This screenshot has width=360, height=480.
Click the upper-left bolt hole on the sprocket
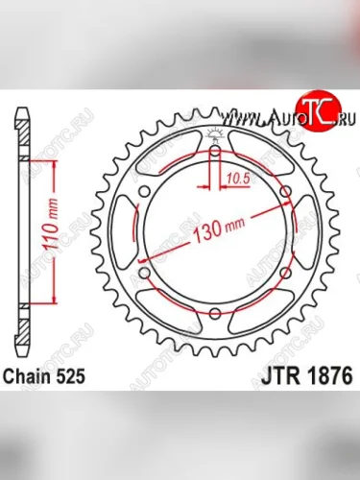(145, 192)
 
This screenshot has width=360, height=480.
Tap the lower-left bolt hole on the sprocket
(145, 275)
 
